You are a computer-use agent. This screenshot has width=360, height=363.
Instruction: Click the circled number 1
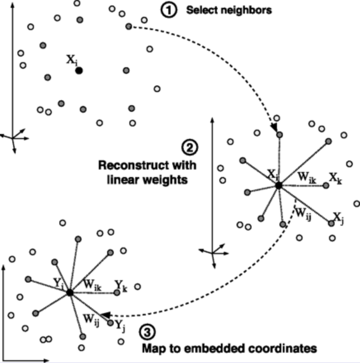click(x=169, y=10)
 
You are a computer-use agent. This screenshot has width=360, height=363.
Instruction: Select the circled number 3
click(x=147, y=332)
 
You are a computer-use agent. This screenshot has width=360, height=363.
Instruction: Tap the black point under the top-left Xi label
click(x=79, y=71)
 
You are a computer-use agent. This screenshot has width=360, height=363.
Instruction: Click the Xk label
click(x=336, y=178)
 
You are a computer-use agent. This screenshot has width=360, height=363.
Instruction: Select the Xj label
click(x=339, y=218)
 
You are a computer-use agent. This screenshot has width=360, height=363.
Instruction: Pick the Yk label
click(x=121, y=286)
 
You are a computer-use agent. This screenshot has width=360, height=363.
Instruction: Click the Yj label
click(x=120, y=325)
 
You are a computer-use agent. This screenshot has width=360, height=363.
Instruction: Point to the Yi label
click(x=58, y=284)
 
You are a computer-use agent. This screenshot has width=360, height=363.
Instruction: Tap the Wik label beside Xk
click(x=307, y=177)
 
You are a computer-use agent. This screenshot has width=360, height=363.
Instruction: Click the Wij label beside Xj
click(x=303, y=213)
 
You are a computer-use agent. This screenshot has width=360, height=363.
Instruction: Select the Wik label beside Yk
click(x=92, y=285)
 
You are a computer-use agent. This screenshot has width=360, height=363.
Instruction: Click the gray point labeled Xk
click(x=326, y=186)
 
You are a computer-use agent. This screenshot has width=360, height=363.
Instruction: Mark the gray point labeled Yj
click(x=110, y=323)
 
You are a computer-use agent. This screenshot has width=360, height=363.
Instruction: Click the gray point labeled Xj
click(x=331, y=223)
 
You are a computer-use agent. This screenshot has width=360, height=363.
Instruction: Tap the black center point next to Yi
click(x=70, y=293)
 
